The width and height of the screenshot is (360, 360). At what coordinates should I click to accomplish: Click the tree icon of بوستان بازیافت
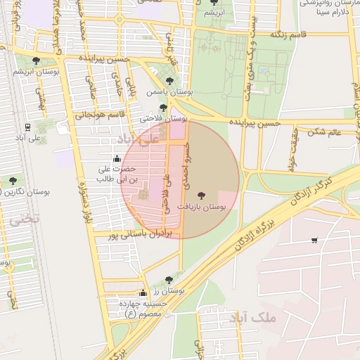(x=202, y=195)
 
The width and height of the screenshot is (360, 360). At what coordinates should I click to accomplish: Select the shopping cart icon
(x=314, y=240)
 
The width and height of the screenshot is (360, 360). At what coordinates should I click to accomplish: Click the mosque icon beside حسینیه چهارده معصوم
(x=143, y=293)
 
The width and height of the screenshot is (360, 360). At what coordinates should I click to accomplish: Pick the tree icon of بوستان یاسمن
(x=169, y=80)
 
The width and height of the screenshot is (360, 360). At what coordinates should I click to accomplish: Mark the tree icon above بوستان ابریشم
(x=36, y=60)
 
